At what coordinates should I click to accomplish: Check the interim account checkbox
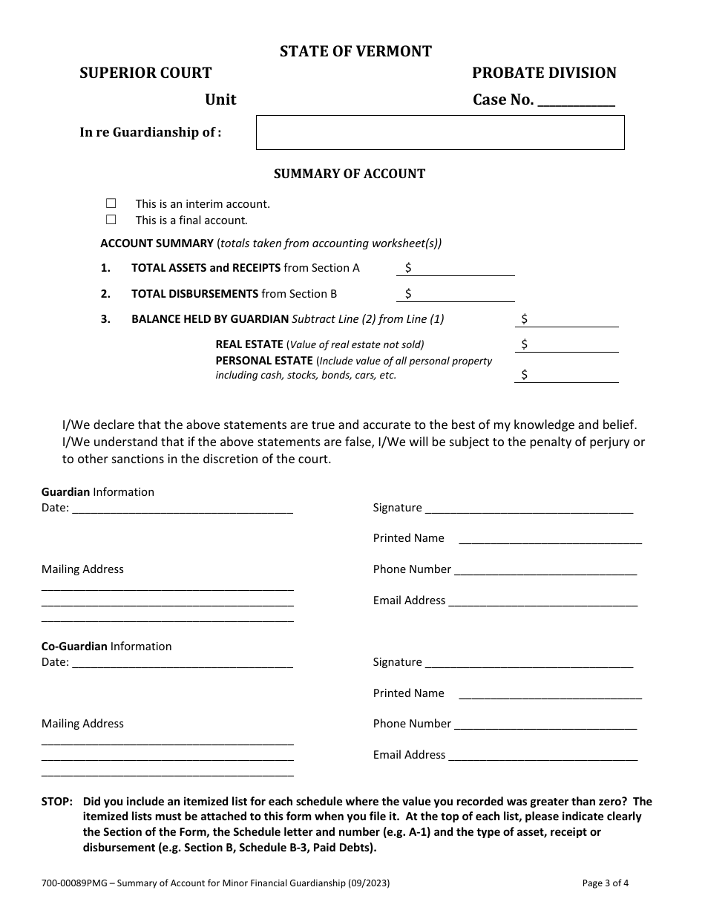click(111, 203)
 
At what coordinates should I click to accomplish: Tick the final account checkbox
click(111, 220)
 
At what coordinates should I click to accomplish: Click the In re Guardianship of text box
click(440, 133)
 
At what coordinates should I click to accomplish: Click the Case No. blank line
click(576, 102)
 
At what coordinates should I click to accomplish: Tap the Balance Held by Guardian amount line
click(568, 320)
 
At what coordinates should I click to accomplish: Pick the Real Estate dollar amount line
click(568, 345)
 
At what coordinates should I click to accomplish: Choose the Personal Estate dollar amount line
click(568, 376)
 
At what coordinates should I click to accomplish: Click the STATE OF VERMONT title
click(355, 51)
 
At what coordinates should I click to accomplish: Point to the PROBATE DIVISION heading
click(544, 73)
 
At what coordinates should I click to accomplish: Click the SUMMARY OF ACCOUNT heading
click(350, 174)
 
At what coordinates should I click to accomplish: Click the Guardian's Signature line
click(529, 509)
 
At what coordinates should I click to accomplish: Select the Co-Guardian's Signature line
click(529, 664)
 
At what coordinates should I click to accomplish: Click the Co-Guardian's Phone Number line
click(545, 725)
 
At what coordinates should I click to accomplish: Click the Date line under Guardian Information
click(183, 509)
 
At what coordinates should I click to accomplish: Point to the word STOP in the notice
click(56, 802)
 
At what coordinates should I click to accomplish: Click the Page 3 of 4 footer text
click(606, 883)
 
